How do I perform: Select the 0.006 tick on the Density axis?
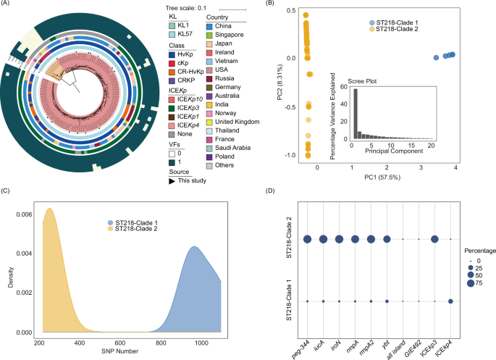(x=24, y=214)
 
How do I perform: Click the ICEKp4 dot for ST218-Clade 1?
(x=451, y=301)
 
